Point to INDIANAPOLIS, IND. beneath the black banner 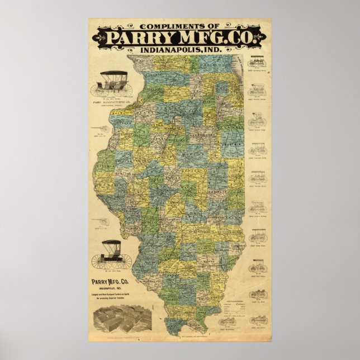point(180,50)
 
